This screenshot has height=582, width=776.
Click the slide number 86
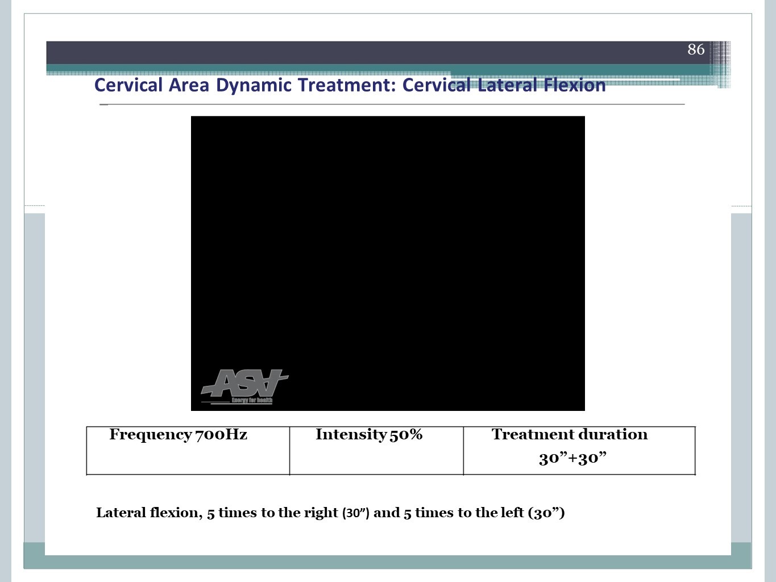pos(696,49)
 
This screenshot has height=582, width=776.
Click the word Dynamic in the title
pos(254,85)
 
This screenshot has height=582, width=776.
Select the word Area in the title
pos(189,85)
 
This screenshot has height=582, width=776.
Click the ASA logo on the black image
pos(244,383)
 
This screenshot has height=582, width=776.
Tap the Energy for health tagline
pos(252,400)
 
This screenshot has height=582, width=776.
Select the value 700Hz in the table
pos(221,434)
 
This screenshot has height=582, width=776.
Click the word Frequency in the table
pos(151,435)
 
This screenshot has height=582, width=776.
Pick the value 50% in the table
pos(406,434)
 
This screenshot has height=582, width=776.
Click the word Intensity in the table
pos(351,435)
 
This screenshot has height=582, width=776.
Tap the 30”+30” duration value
pos(572,458)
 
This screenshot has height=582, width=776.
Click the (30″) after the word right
pos(356,513)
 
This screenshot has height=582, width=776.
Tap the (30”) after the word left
pos(546,513)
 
